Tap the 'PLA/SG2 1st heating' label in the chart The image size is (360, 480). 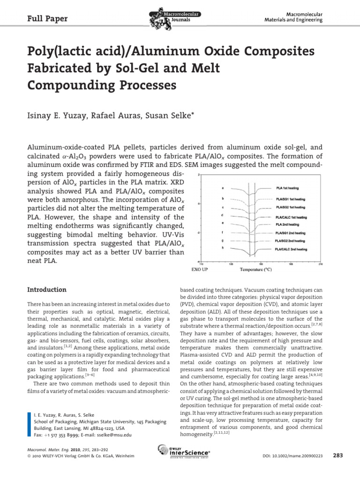291,207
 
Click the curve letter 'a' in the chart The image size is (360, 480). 222,188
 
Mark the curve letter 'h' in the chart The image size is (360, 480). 222,248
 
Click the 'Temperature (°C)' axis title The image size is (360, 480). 256,270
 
